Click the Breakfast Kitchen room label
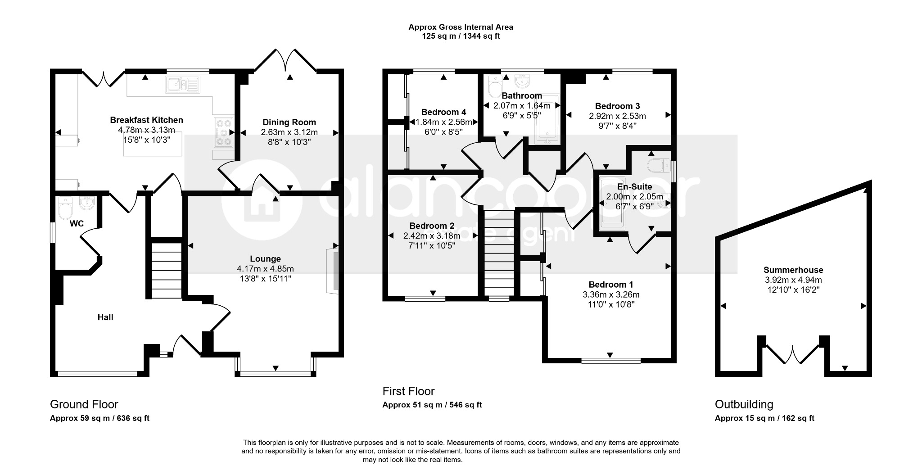(146, 120)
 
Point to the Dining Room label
(289, 122)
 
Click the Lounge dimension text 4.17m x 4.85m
(265, 269)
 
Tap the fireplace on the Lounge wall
(332, 271)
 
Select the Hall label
(105, 317)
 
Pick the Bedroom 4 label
(443, 112)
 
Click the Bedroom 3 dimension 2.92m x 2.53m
(617, 116)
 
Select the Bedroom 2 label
(432, 226)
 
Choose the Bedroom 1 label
(611, 285)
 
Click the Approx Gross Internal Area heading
(461, 27)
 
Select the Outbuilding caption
(744, 404)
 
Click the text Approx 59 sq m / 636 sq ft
(99, 418)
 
